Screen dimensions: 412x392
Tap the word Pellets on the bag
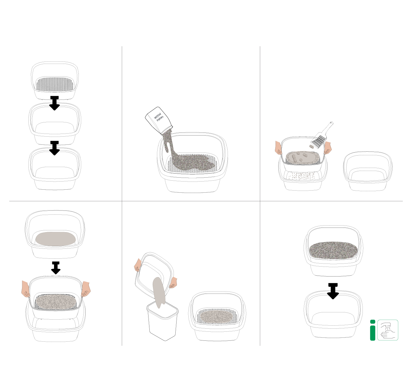tap(160, 119)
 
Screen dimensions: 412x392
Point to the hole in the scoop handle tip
tap(331, 123)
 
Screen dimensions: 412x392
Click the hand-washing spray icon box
tap(388, 330)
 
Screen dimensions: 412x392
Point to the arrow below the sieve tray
tap(55, 103)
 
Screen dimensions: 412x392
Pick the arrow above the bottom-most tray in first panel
tap(55, 148)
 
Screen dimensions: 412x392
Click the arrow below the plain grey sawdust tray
tap(56, 268)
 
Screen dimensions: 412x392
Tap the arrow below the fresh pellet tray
tap(333, 291)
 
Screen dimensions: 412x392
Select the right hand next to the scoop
tap(327, 148)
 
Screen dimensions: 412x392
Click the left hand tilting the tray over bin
tap(138, 265)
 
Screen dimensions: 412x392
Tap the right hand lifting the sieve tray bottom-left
tap(86, 289)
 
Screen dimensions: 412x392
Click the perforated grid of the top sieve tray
tap(55, 84)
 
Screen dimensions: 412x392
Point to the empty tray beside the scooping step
tap(368, 171)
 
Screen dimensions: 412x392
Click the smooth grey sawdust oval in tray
tap(56, 239)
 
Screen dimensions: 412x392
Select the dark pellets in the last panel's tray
tap(333, 251)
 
